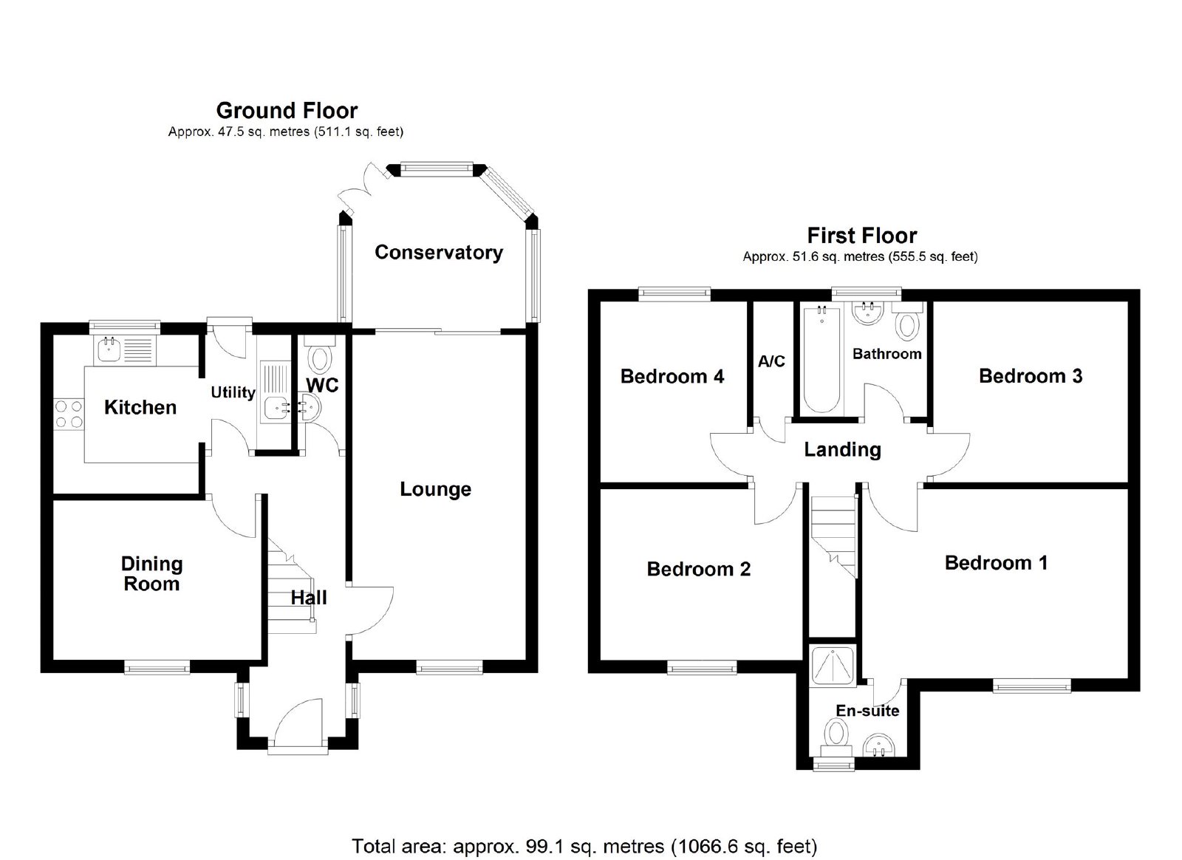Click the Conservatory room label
(x=439, y=252)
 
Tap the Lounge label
(x=435, y=489)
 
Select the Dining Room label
(x=152, y=573)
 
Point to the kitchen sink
(x=126, y=349)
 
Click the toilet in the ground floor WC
(x=320, y=355)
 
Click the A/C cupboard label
(x=771, y=361)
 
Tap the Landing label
(x=842, y=449)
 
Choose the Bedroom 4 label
(x=672, y=376)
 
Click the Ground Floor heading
(x=287, y=110)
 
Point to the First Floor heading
(x=862, y=235)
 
